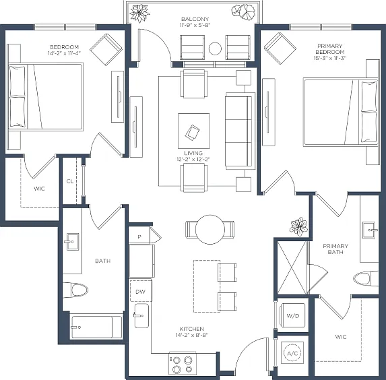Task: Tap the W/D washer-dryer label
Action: click(293, 316)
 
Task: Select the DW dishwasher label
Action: click(140, 292)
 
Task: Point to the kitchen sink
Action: click(141, 316)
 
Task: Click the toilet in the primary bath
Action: click(365, 279)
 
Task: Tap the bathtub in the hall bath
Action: click(97, 327)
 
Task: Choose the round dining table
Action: click(210, 230)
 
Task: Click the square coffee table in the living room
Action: click(194, 131)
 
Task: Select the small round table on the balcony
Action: click(215, 49)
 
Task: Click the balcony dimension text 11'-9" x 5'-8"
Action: click(195, 25)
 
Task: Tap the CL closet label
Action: click(70, 181)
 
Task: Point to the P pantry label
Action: click(139, 237)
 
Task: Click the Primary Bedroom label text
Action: click(330, 49)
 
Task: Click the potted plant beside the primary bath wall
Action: click(298, 226)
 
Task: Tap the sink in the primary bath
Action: click(368, 230)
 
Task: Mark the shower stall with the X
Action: click(292, 267)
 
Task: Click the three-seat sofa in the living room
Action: click(240, 131)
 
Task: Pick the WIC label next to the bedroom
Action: click(39, 189)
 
